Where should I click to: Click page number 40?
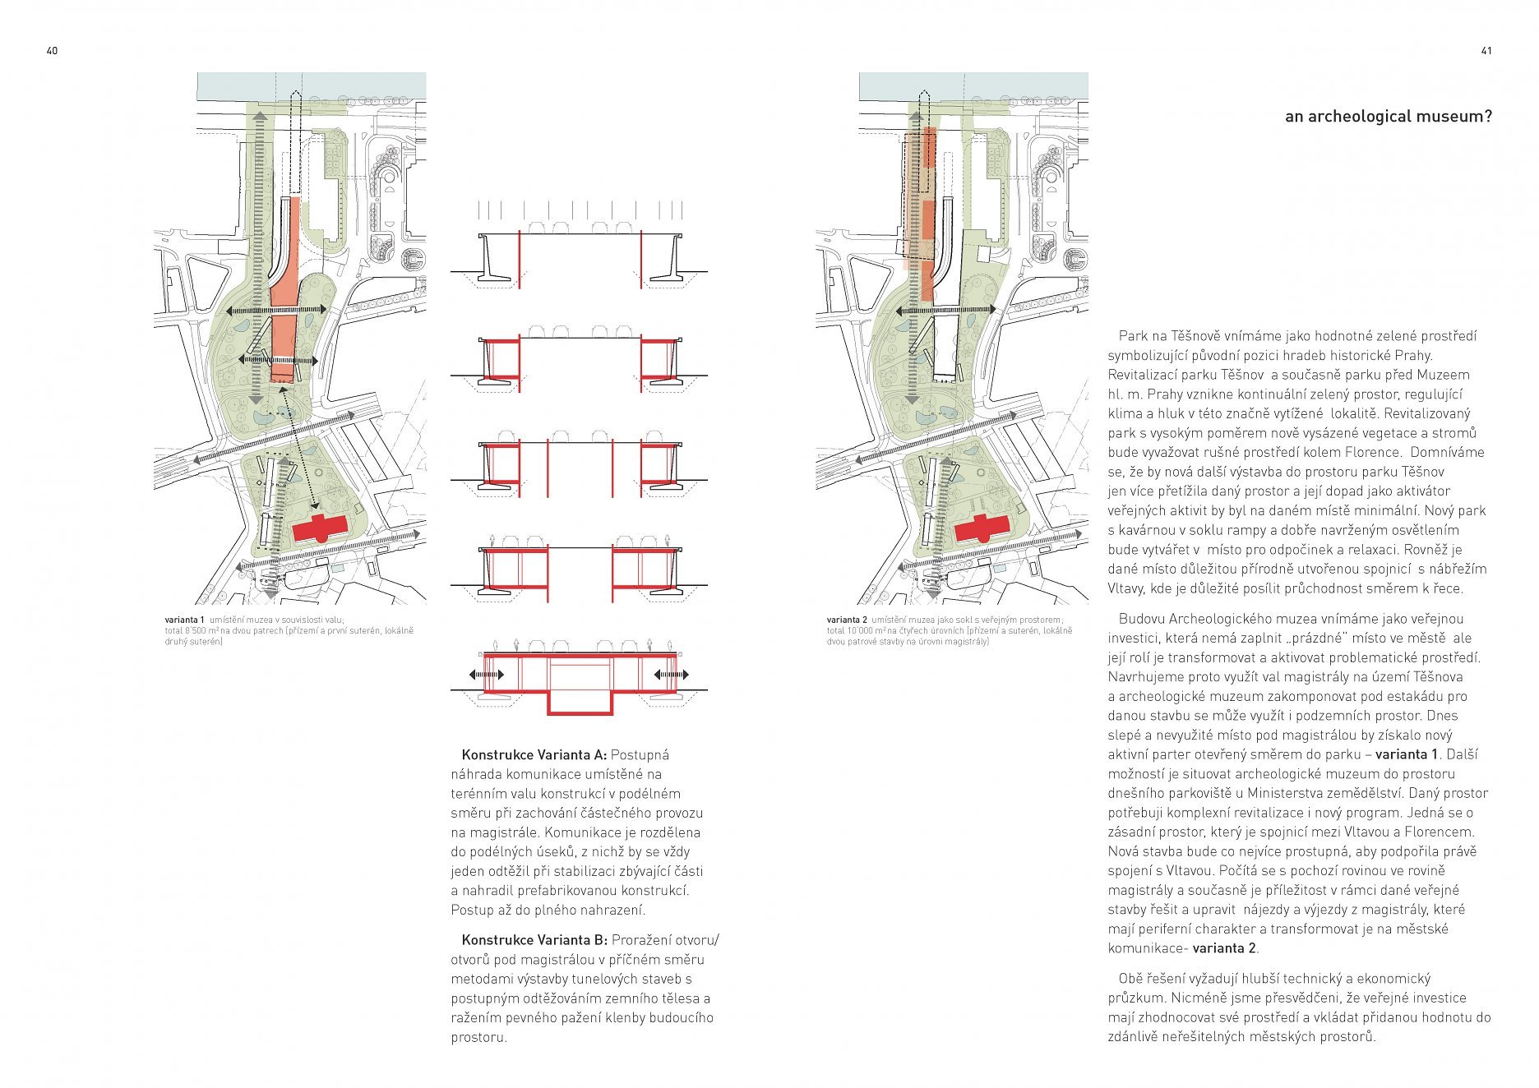[52, 51]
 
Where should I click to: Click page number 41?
[1486, 51]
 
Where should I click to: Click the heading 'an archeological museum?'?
[1388, 117]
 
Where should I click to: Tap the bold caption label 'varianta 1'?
[184, 620]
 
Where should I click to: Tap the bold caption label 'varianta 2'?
[847, 620]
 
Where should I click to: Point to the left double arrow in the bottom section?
[486, 675]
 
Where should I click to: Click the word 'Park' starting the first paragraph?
[1133, 336]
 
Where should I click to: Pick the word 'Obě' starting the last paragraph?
[1130, 978]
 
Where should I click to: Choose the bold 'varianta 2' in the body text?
[1224, 948]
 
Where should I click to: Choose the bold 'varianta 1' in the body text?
[1407, 754]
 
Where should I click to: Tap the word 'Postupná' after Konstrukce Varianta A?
[640, 754]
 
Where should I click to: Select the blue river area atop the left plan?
[247, 85]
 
